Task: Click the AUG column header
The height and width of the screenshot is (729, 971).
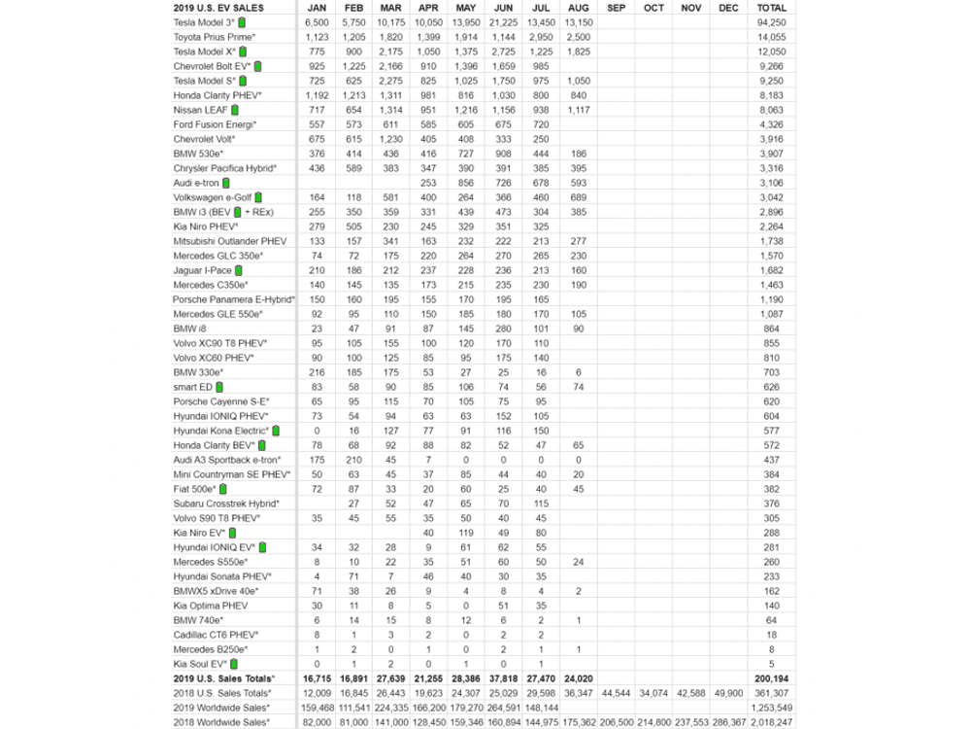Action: (578, 7)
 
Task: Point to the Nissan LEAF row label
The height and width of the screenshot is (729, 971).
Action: (199, 110)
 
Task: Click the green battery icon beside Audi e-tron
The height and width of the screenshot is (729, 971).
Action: (226, 183)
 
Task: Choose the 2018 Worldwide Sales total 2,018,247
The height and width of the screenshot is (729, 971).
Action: (778, 722)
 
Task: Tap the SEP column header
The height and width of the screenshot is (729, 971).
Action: (616, 7)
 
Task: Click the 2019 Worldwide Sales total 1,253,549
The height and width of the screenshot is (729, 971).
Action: (778, 708)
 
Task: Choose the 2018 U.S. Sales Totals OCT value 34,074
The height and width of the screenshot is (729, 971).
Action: (653, 693)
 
